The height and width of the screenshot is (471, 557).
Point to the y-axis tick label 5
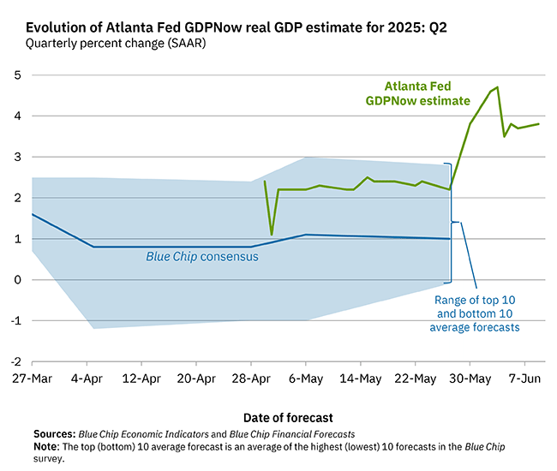pyautogui.click(x=16, y=75)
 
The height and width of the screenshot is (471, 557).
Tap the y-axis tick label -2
pyautogui.click(x=15, y=361)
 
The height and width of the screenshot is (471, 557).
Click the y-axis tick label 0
pyautogui.click(x=16, y=280)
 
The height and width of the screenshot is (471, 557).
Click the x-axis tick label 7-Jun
pyautogui.click(x=524, y=379)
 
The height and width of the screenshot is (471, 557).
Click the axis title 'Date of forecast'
pyautogui.click(x=288, y=418)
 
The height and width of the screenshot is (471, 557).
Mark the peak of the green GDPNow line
pyautogui.click(x=497, y=87)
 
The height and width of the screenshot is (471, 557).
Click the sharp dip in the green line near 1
pyautogui.click(x=272, y=235)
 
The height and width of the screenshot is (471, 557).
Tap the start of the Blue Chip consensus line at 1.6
pyautogui.click(x=32, y=214)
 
